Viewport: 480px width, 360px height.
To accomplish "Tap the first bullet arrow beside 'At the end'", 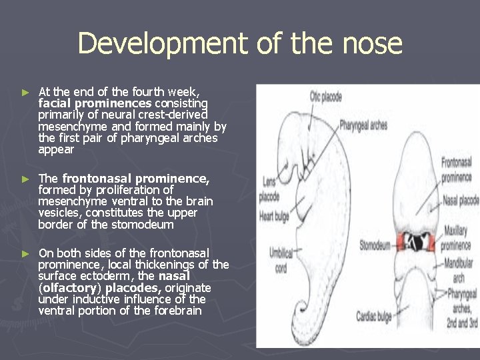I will [26, 91].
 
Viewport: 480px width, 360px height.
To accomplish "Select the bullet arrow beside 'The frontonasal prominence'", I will [26, 179].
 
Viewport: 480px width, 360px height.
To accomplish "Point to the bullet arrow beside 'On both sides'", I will [26, 253].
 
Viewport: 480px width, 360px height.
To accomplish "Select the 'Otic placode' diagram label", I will [325, 97].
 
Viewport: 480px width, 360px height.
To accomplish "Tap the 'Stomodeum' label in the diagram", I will [375, 245].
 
